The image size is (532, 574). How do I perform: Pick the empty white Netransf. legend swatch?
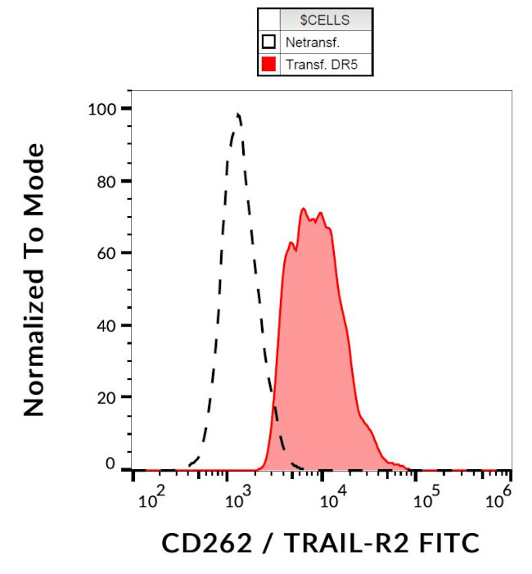tap(268, 42)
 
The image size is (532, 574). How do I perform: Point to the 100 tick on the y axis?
tap(107, 108)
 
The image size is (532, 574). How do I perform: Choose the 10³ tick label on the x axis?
tap(237, 496)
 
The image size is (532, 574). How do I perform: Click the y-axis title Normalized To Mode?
tap(34, 279)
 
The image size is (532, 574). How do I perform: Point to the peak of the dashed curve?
tap(237, 114)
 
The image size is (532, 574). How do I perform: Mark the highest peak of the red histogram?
tap(304, 209)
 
